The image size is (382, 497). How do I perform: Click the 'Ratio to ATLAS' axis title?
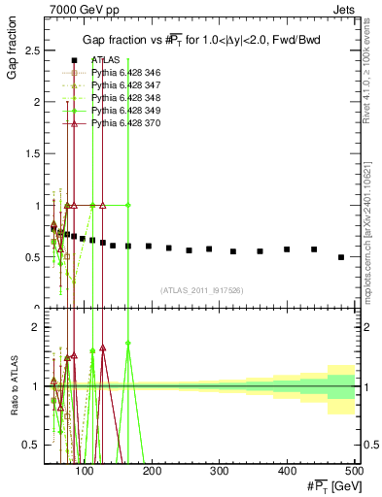point(14,384)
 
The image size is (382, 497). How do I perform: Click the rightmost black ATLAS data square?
point(341,257)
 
